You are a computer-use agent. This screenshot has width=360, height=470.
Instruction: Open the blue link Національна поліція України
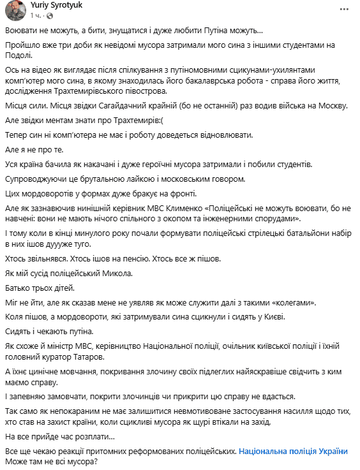pos(294,451)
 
